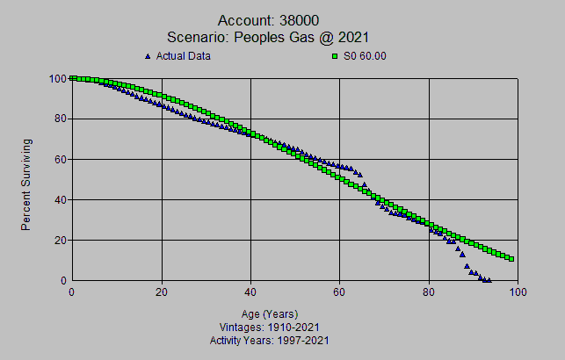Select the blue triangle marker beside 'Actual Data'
[148, 56]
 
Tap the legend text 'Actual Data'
[183, 56]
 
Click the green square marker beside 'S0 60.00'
[335, 56]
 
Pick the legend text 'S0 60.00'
[365, 56]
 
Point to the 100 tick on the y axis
[58, 78]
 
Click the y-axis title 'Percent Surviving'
[26, 184]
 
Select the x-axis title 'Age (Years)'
[269, 314]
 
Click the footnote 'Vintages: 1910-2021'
[269, 328]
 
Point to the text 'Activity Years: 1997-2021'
[269, 340]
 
